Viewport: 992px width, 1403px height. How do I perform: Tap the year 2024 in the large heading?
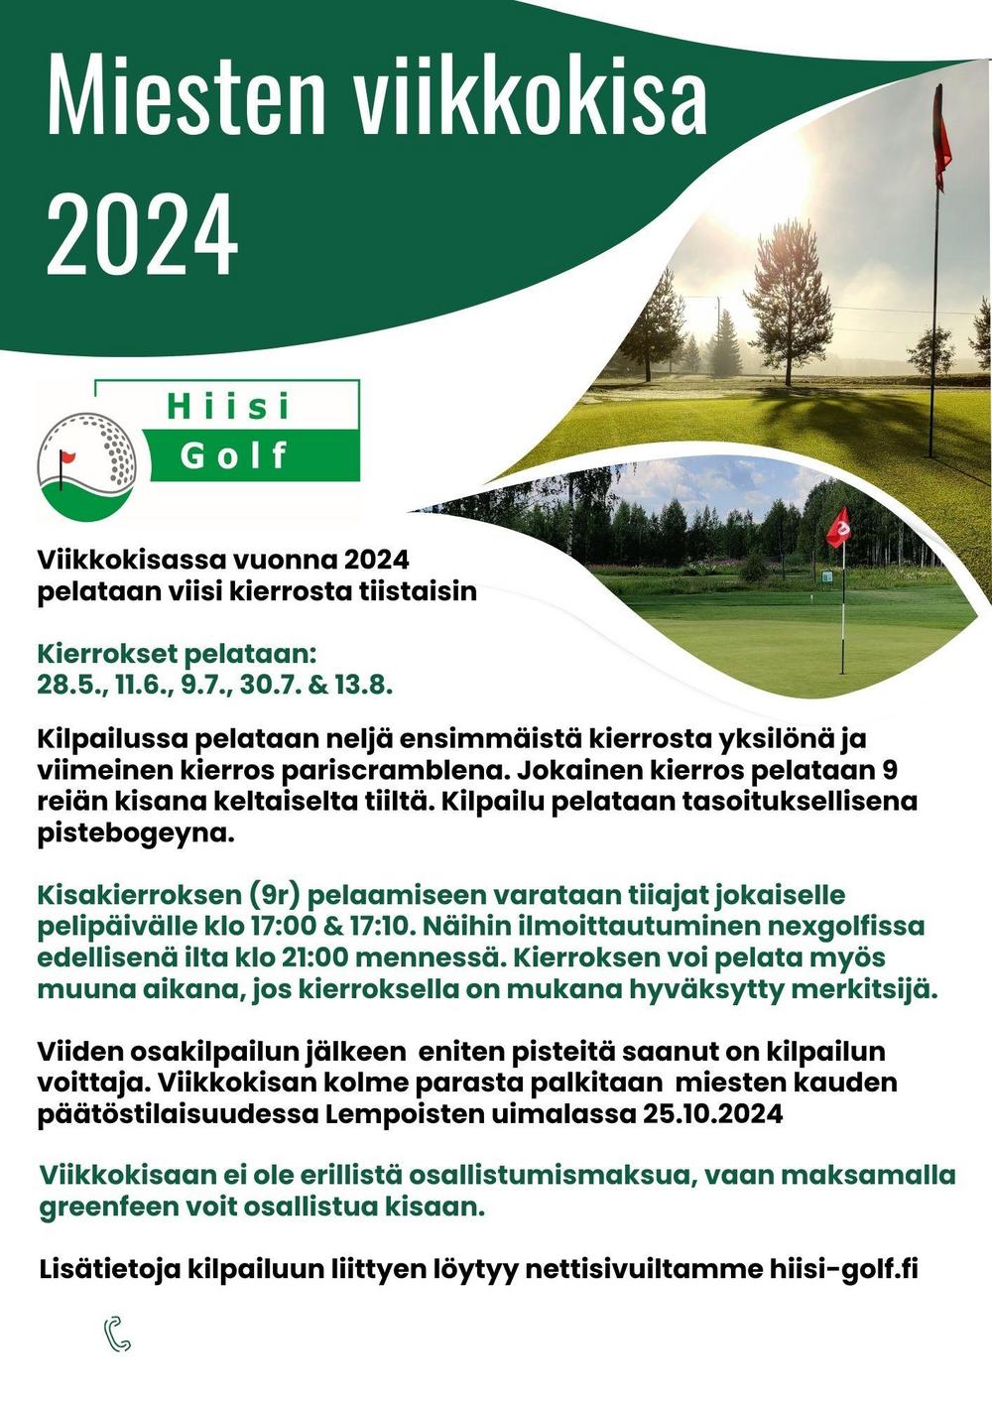coord(142,234)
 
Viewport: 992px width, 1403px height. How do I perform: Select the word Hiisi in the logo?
coord(228,407)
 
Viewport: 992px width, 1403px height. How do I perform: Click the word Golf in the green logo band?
coord(234,455)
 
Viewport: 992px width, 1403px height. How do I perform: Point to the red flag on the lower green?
coord(838,527)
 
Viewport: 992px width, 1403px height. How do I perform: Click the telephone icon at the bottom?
coord(117,1335)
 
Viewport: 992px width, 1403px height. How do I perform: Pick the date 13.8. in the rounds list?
coord(364,685)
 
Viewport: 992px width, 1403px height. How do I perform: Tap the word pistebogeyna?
coord(136,832)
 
